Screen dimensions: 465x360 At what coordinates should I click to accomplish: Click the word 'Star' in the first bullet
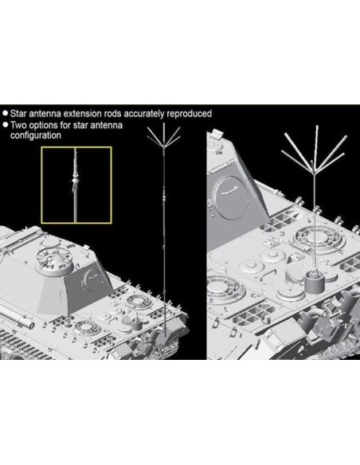tap(20, 114)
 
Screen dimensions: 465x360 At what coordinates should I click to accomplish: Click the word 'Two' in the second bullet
tap(19, 125)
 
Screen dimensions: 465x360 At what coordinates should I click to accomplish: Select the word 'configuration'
tap(37, 135)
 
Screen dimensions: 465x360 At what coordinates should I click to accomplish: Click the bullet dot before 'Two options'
tap(6, 125)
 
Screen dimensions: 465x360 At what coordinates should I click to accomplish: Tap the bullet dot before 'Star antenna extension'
tap(6, 114)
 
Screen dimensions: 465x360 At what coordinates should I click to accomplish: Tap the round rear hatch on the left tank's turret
tap(92, 279)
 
